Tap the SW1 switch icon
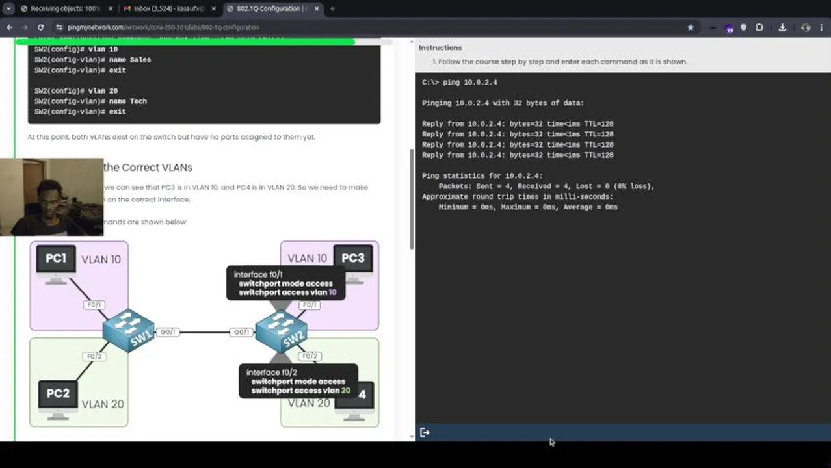[x=128, y=330]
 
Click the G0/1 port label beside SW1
[x=167, y=332]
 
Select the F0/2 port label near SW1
[x=94, y=356]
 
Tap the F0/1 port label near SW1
[x=94, y=305]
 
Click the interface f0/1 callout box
[x=285, y=283]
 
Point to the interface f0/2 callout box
[x=298, y=382]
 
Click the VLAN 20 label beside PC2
[x=103, y=404]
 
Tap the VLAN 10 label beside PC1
[x=101, y=259]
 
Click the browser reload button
[x=40, y=27]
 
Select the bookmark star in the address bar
[x=691, y=27]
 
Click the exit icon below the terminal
[x=425, y=432]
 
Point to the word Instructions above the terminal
[x=440, y=48]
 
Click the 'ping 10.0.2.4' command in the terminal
[x=469, y=83]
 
